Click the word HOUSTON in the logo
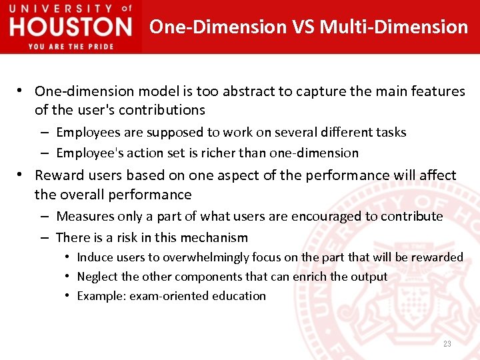pyautogui.click(x=71, y=27)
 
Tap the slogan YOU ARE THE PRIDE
pyautogui.click(x=71, y=46)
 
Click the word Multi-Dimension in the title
pyautogui.click(x=393, y=27)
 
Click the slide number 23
pyautogui.click(x=447, y=343)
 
